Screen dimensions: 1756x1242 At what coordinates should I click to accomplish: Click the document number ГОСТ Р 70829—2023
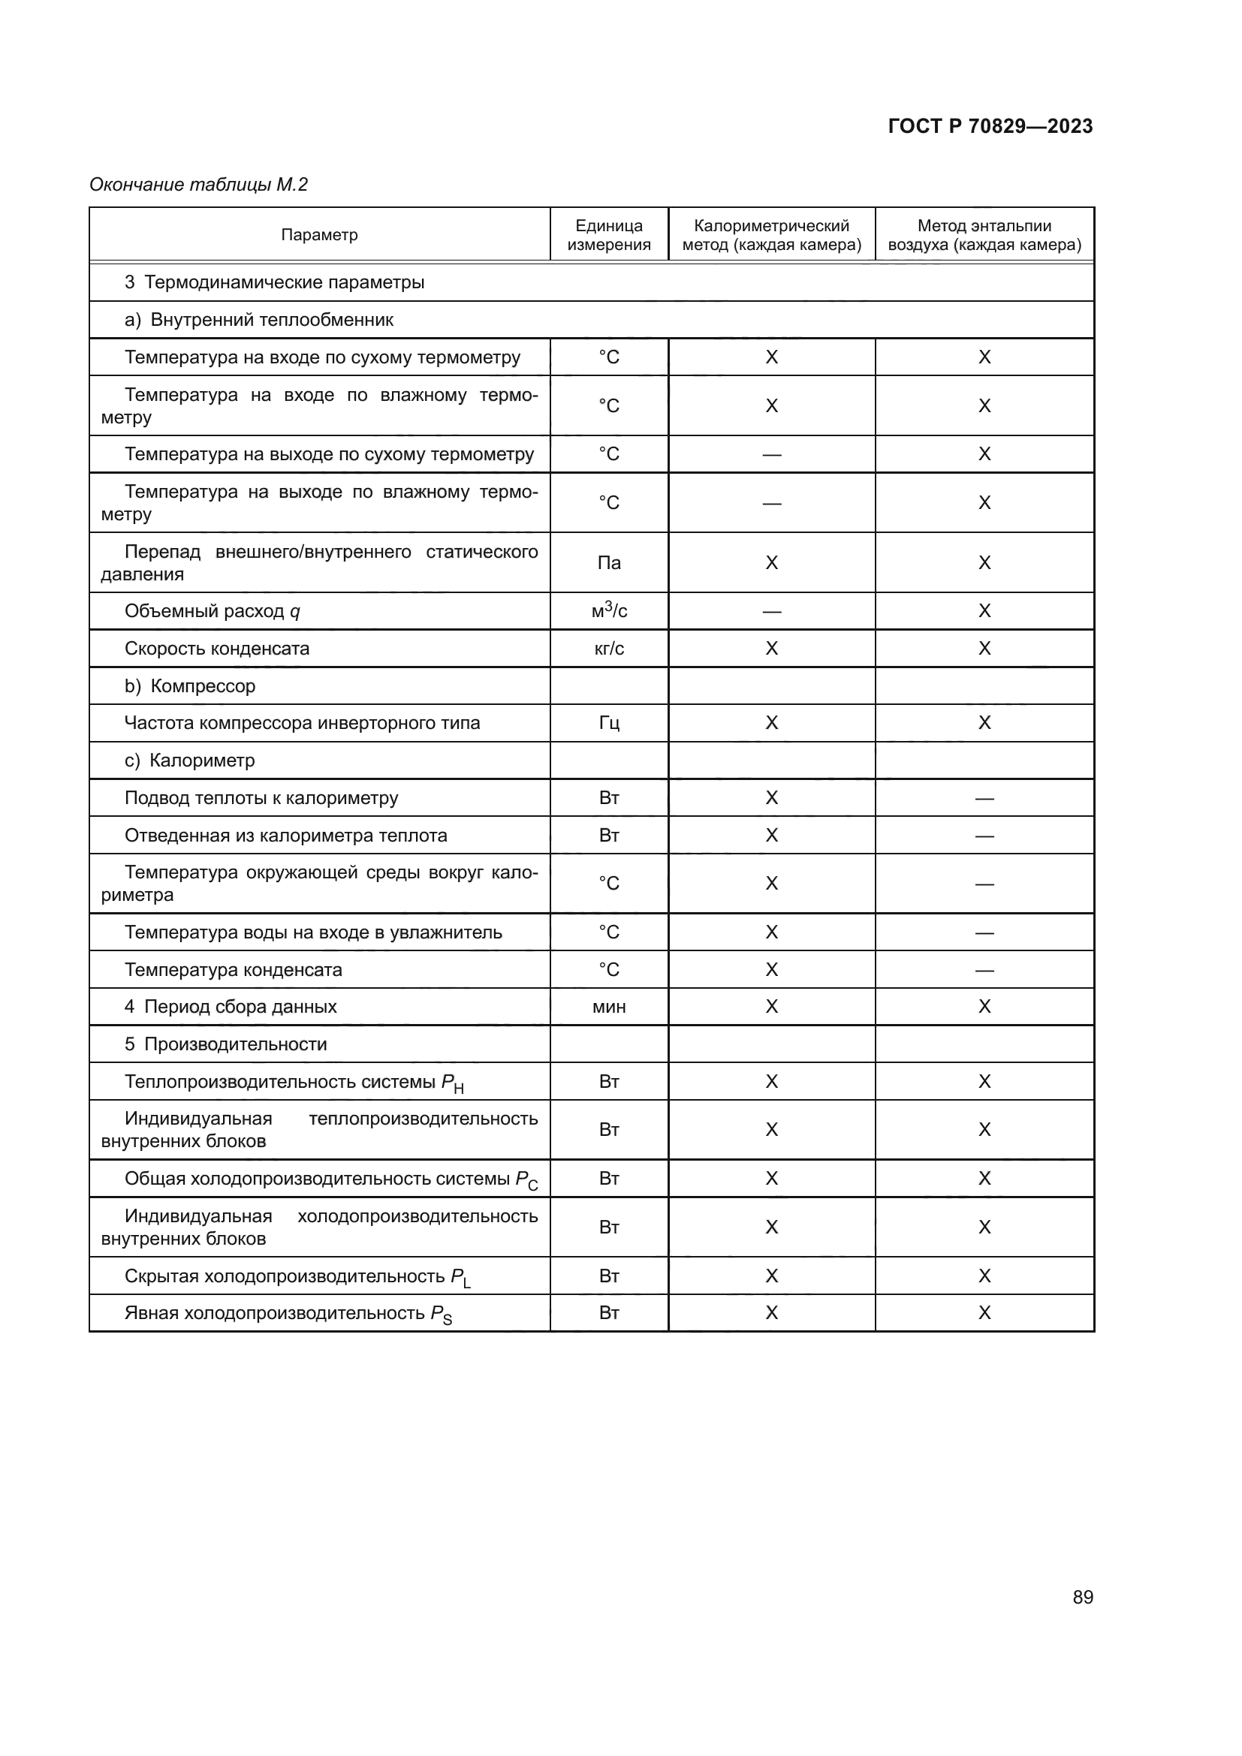tap(990, 126)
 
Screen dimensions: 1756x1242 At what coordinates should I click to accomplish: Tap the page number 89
tap(1082, 1597)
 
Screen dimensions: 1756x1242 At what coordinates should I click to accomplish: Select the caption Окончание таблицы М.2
tap(198, 185)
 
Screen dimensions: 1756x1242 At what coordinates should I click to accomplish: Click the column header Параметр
tap(319, 235)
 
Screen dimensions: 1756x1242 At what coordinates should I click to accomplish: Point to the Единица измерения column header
tap(609, 235)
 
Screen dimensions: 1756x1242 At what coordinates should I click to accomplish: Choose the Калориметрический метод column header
tap(771, 235)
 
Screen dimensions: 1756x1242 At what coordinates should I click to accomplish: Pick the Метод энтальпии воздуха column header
tap(984, 235)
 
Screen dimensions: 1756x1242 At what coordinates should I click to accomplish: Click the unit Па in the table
tap(609, 563)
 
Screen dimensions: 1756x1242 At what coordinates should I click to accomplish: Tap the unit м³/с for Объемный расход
tap(609, 610)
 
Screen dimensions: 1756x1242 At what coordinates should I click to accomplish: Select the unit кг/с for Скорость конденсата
tap(609, 649)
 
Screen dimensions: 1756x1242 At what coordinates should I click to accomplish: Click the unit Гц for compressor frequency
tap(609, 723)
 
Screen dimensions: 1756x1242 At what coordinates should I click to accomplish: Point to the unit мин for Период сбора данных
tap(609, 1007)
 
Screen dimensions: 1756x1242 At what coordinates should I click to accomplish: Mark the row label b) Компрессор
tap(190, 686)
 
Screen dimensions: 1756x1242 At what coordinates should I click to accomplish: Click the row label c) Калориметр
tap(190, 761)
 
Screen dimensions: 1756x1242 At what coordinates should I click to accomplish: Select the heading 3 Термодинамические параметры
tap(275, 282)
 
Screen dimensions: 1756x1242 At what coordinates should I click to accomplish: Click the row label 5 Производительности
tap(225, 1044)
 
